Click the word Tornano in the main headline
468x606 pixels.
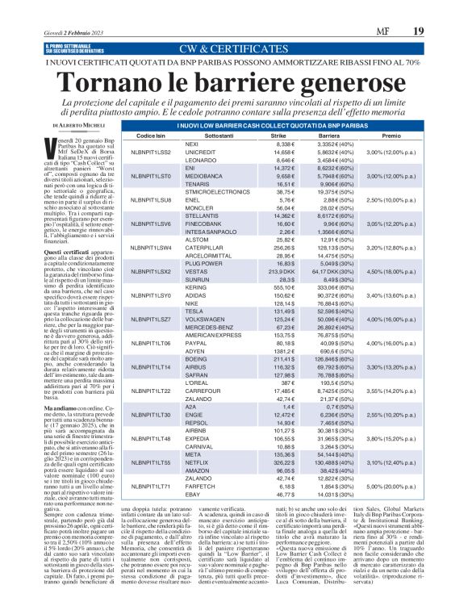[x=111, y=81]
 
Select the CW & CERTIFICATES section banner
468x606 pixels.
[x=234, y=50]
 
